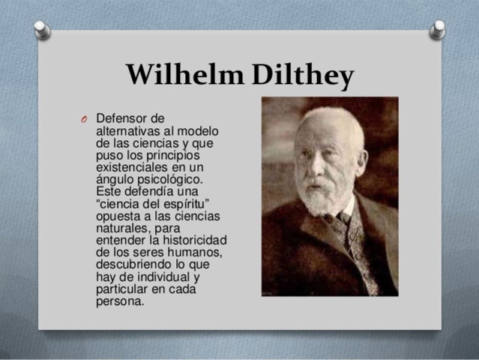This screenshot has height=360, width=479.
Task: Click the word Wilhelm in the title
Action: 175,76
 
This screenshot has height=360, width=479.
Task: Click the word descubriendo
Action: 134,265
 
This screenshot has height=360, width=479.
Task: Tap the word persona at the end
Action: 120,301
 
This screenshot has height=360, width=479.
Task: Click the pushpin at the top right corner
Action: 437,28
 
